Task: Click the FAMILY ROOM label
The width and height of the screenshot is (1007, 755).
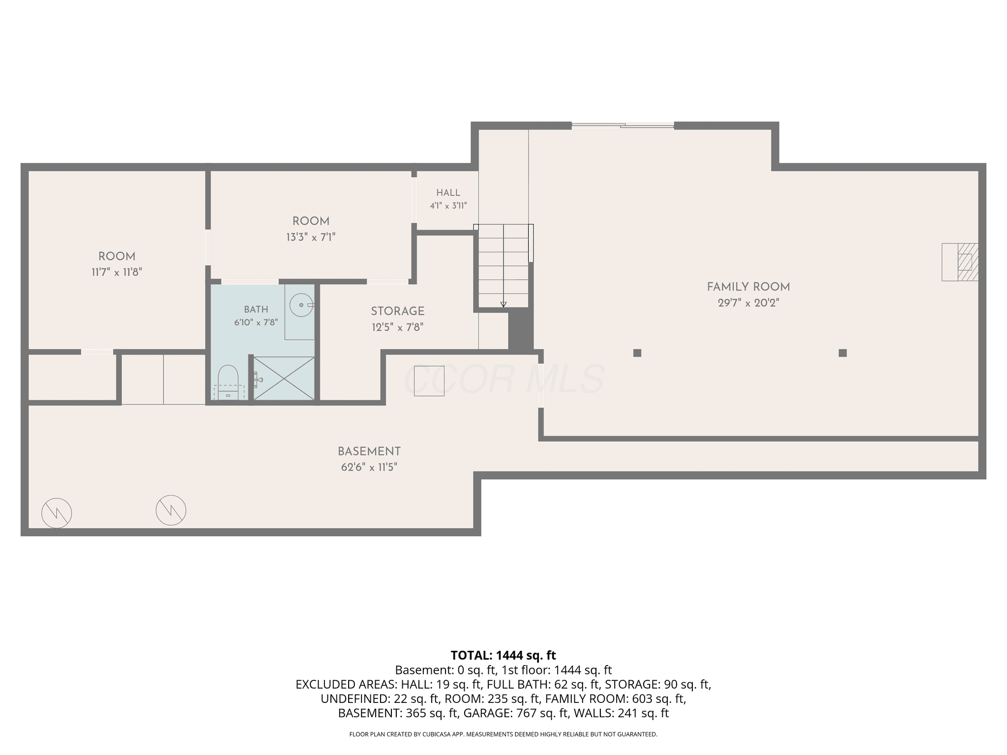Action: pos(748,287)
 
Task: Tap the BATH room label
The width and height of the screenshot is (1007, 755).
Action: pos(256,309)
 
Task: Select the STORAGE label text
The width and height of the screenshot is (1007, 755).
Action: pos(397,311)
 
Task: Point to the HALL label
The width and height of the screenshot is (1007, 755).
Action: pos(448,193)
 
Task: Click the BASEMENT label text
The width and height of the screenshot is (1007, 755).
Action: pos(369,451)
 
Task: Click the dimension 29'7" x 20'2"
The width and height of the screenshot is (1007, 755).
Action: pos(748,303)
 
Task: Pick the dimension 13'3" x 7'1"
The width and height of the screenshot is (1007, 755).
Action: pos(311,237)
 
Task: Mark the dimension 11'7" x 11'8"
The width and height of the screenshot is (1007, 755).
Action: pos(117,272)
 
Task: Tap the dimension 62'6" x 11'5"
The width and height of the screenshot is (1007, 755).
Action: pos(369,467)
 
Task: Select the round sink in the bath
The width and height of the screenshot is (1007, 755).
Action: pos(301,305)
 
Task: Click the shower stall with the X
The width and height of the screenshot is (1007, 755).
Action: pos(284,378)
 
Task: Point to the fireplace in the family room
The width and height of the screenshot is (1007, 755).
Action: pos(960,262)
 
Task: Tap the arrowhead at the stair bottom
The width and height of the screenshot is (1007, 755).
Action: pos(503,305)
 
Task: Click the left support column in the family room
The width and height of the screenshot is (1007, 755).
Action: pos(637,352)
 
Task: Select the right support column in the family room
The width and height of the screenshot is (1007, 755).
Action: pos(843,352)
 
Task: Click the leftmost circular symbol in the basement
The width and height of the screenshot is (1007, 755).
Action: pos(57,513)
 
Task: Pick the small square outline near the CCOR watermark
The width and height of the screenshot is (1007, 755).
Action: pos(429,381)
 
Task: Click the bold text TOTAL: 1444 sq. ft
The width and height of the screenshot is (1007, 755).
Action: pos(503,655)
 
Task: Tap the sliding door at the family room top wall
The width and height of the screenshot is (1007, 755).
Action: pos(622,126)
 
